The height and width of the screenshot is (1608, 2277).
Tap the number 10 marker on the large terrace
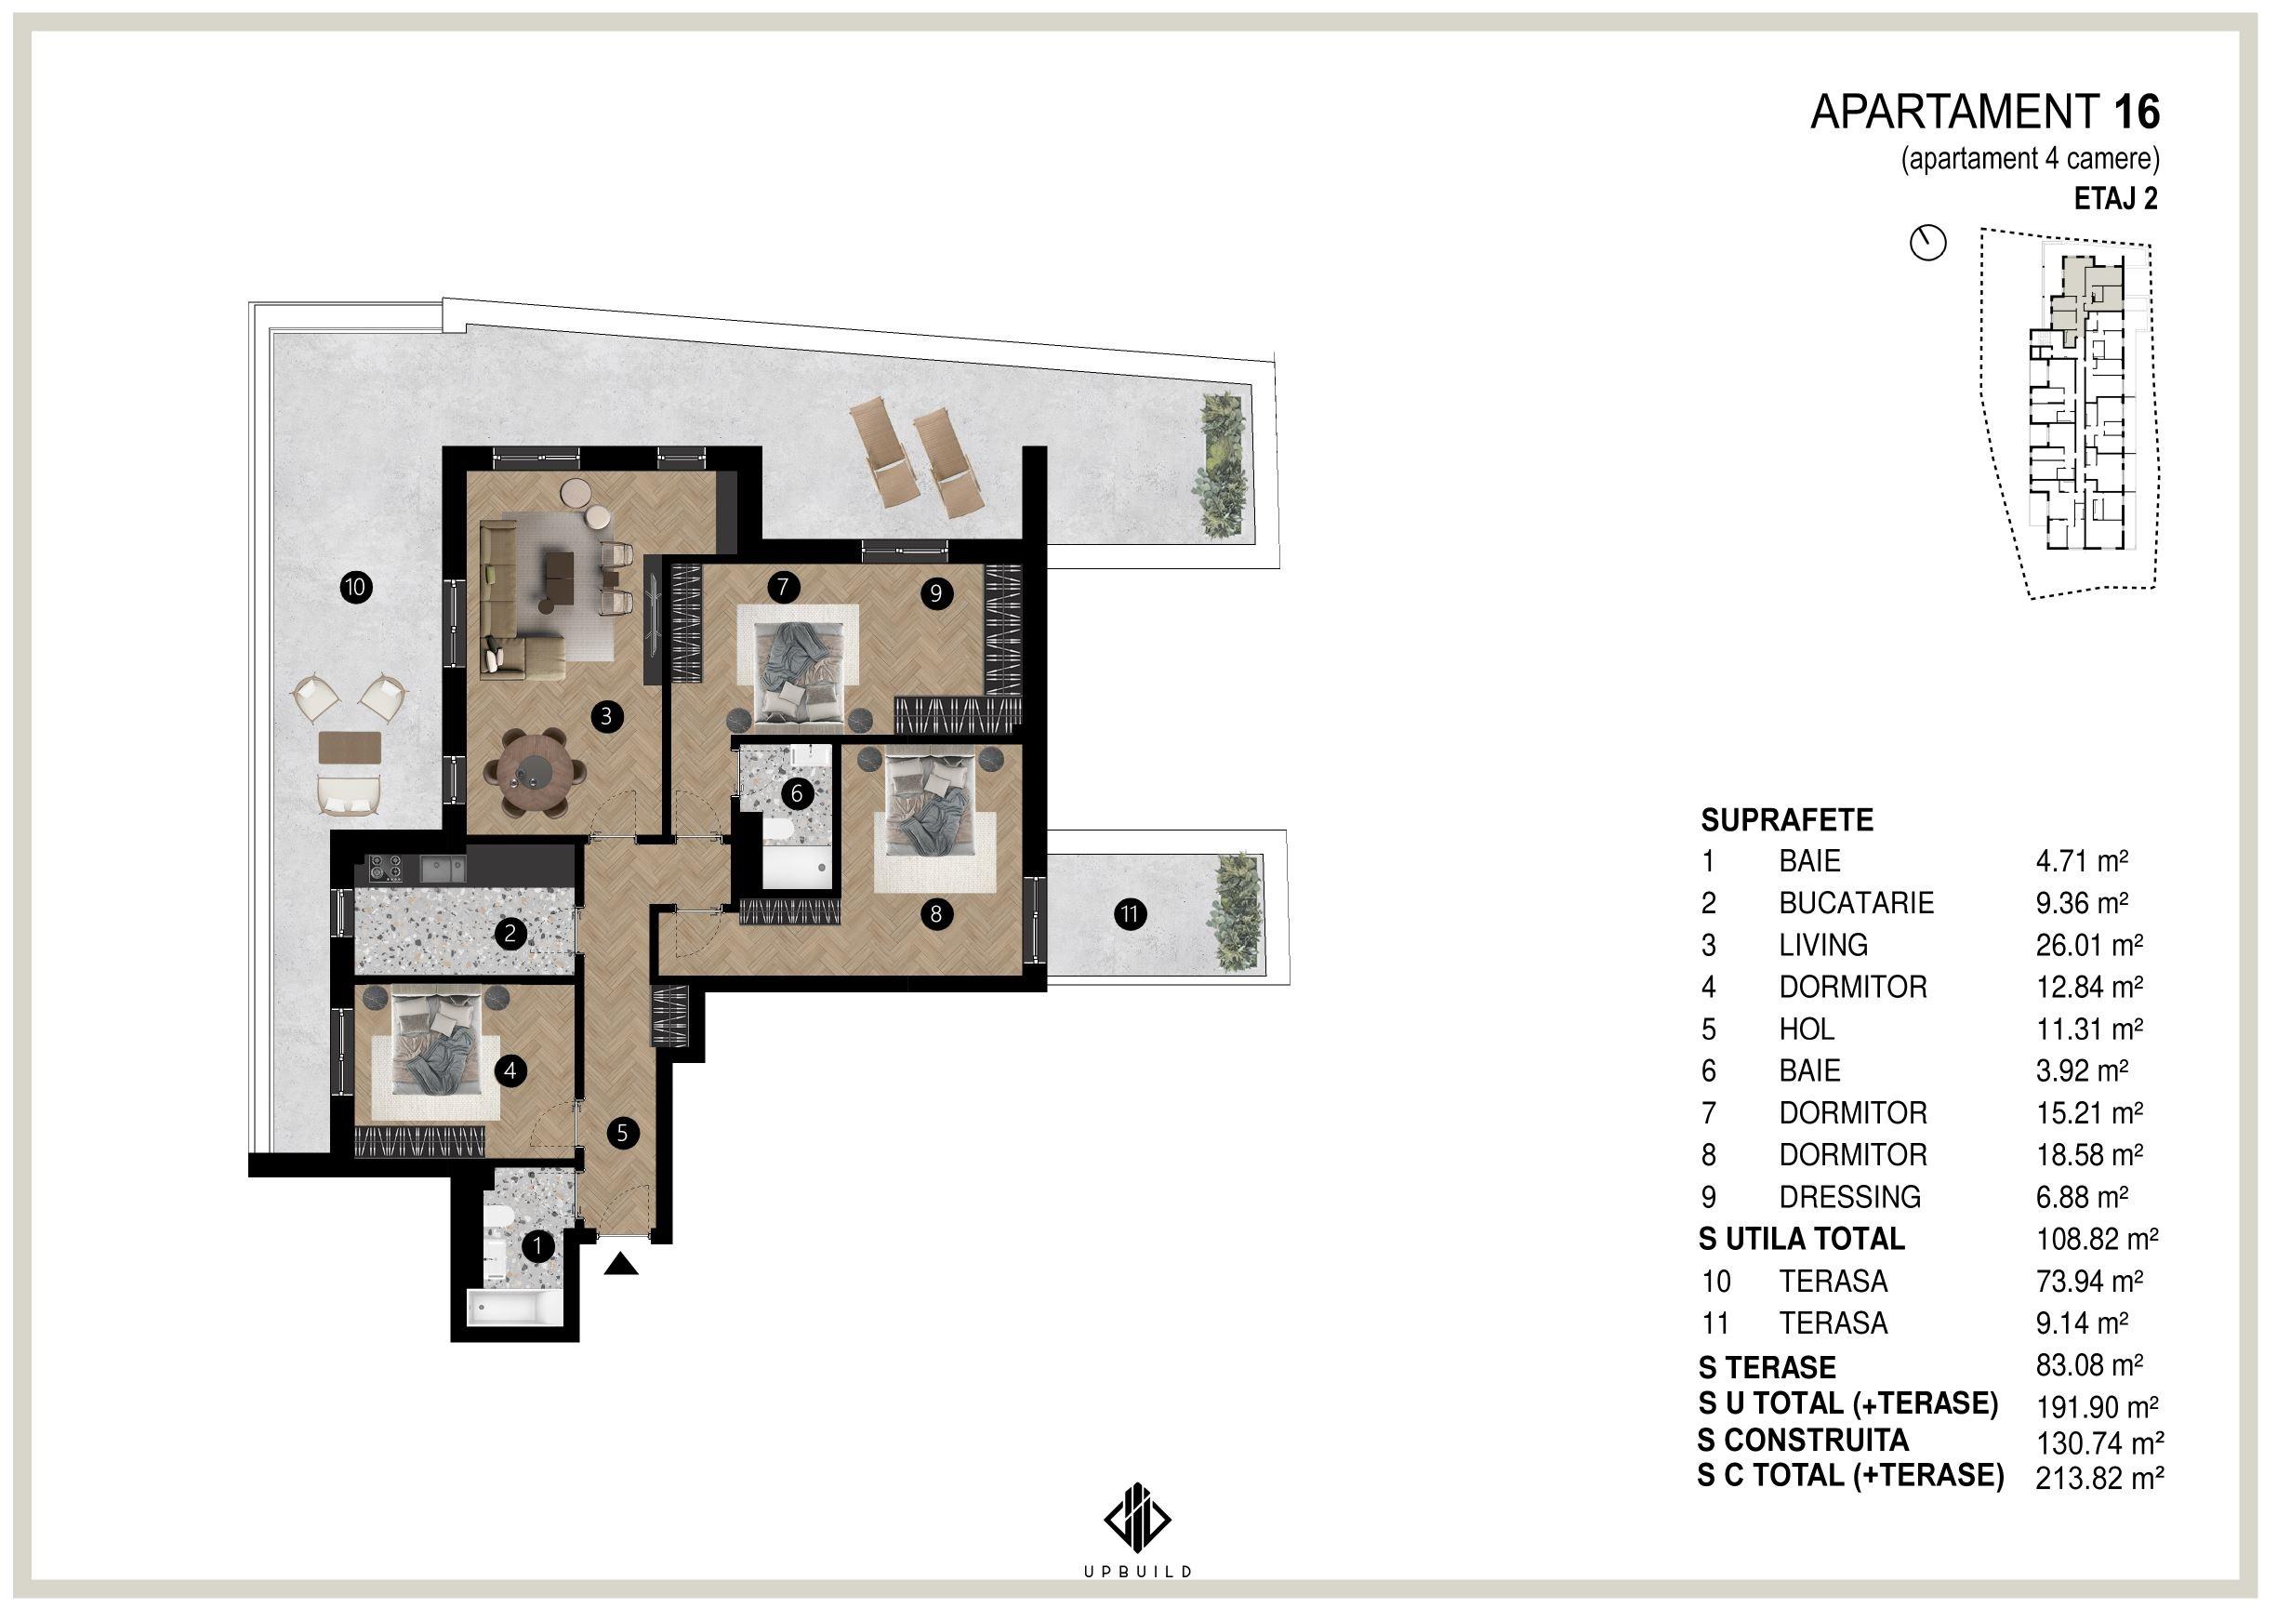point(354,587)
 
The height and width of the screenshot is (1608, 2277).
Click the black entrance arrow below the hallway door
point(621,1263)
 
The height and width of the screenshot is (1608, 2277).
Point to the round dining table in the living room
point(536,771)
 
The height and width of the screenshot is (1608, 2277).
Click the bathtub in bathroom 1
point(515,1307)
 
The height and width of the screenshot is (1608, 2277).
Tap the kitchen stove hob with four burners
point(385,868)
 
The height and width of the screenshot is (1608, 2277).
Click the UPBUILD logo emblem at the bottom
point(1137,1520)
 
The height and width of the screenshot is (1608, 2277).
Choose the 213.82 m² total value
point(2098,1507)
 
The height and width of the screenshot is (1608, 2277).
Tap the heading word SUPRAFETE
point(1787,820)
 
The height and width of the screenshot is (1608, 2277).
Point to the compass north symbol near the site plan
point(1928,243)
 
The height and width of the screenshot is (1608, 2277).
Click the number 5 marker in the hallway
point(622,1133)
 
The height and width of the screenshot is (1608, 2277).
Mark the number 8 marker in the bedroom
point(936,913)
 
